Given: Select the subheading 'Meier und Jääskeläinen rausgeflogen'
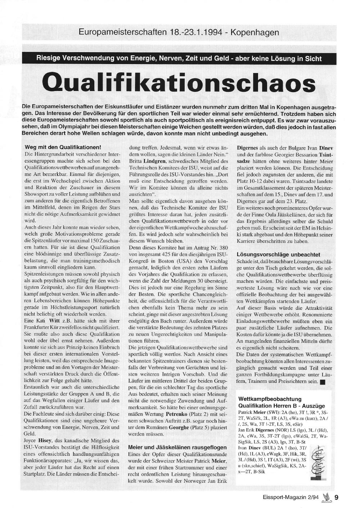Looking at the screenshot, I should pyautogui.click(x=177, y=447).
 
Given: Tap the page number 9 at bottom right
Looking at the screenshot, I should pyautogui.click(x=336, y=498).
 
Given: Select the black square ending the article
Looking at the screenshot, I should pyautogui.click(x=322, y=382).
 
